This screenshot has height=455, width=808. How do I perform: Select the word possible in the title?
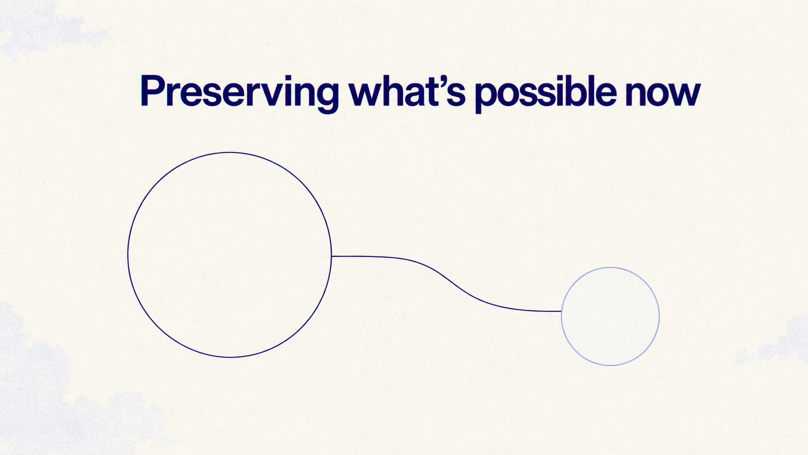546,93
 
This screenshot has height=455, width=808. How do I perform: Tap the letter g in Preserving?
326,97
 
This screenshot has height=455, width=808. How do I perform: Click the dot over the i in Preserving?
289,77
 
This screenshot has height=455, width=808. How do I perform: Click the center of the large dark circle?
230,255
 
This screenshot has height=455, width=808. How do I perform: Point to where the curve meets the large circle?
332,256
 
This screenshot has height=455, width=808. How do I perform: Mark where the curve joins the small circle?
562,311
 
